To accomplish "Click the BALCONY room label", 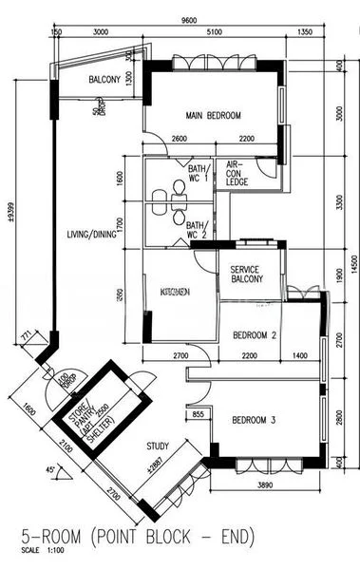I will click(104, 80).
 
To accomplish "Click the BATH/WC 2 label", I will click(198, 229).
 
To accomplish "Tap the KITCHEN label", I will click(176, 290).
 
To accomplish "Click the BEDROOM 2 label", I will click(255, 334).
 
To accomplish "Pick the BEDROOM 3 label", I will click(255, 420).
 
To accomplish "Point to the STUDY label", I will click(158, 446).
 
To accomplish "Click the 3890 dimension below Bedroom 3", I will click(269, 484).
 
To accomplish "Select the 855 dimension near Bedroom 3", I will click(198, 415).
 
